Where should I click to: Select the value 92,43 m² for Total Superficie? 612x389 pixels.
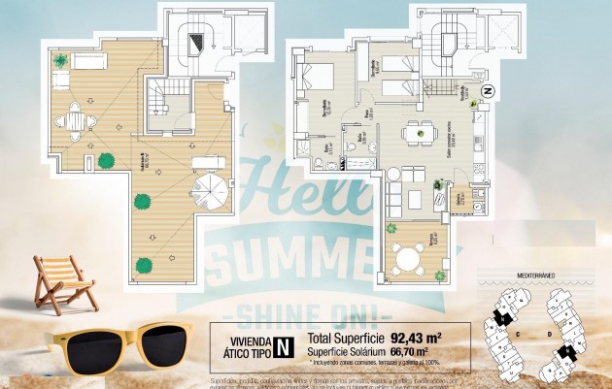coord(419,339)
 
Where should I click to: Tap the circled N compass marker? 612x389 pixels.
coord(488,91)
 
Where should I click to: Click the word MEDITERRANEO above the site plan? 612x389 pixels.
coord(536,276)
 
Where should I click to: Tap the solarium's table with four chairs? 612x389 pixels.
coord(74,121)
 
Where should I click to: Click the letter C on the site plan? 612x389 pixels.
coord(517,333)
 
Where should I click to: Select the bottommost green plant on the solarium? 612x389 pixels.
coord(145,263)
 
